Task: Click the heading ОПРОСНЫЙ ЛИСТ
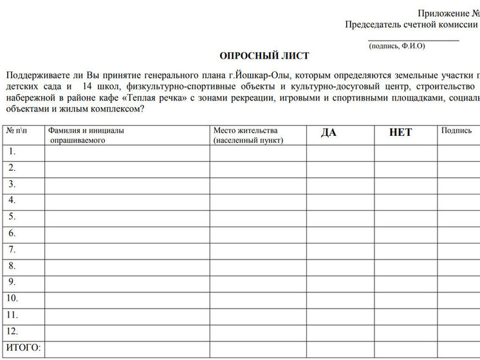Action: coord(264,56)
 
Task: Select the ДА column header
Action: coord(328,133)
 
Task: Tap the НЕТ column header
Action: coord(400,133)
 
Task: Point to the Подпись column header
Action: coord(456,131)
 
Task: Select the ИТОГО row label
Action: coord(23,348)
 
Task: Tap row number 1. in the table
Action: coord(12,152)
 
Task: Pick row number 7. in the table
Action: coord(12,250)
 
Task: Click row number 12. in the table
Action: coord(14,331)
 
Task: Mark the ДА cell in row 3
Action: coord(340,185)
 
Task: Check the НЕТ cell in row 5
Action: coord(406,218)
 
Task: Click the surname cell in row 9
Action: coord(127,283)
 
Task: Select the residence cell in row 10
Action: coord(257,299)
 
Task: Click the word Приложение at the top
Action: coord(442,13)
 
